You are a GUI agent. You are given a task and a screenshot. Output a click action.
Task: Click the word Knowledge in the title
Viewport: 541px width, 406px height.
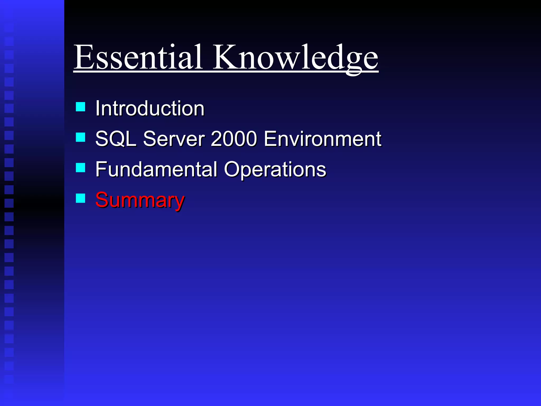coord(295,58)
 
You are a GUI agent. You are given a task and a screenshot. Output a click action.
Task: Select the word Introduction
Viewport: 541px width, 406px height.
coord(150,108)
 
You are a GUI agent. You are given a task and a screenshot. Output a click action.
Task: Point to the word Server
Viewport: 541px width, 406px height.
coord(174,139)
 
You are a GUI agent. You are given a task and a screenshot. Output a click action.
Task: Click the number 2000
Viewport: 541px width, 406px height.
coord(234,139)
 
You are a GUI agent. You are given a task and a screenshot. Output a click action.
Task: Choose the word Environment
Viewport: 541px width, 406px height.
coord(323,139)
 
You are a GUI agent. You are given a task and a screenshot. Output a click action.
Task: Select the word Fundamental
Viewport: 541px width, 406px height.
coord(156,169)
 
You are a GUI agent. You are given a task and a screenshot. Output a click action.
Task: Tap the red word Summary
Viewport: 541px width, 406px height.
coord(140,200)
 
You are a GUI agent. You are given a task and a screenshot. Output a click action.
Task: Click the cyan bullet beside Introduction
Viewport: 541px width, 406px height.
coord(81,107)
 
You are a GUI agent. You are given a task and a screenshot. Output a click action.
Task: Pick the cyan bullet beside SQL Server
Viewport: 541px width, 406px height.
coord(81,137)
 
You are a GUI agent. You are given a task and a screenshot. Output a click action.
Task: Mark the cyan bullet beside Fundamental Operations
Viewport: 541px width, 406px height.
coord(81,168)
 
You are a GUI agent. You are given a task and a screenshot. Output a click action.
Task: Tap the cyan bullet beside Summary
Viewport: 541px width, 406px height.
coord(81,198)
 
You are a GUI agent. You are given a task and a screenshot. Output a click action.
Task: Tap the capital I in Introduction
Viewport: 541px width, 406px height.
coord(97,108)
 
